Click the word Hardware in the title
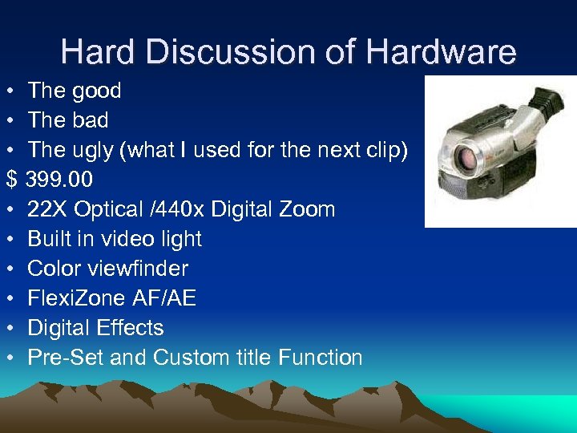pos(442,52)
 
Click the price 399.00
pos(60,179)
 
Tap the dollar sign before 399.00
pos(11,179)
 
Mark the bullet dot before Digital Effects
pos(11,328)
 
